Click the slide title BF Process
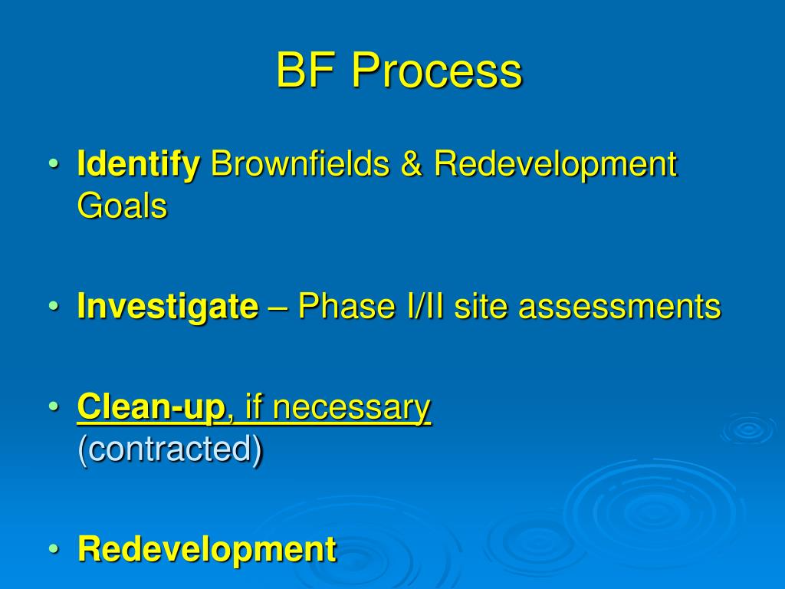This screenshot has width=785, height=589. (x=399, y=71)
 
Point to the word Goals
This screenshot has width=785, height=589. (x=122, y=206)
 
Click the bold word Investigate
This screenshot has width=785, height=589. (x=167, y=307)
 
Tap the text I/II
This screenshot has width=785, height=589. (x=418, y=307)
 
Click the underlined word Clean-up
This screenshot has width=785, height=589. (x=150, y=407)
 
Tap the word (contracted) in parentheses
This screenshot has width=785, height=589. (x=169, y=449)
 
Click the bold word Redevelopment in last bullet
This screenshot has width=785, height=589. (x=206, y=549)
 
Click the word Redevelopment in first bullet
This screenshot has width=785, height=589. (x=556, y=164)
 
